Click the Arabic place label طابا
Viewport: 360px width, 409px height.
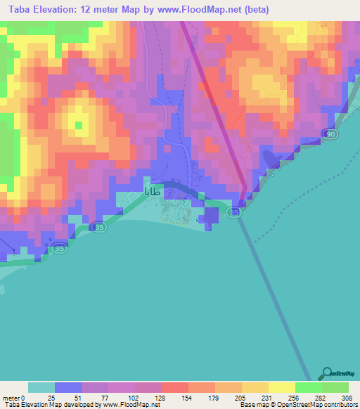pyautogui.click(x=156, y=190)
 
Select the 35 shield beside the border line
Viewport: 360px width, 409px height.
pyautogui.click(x=235, y=211)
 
